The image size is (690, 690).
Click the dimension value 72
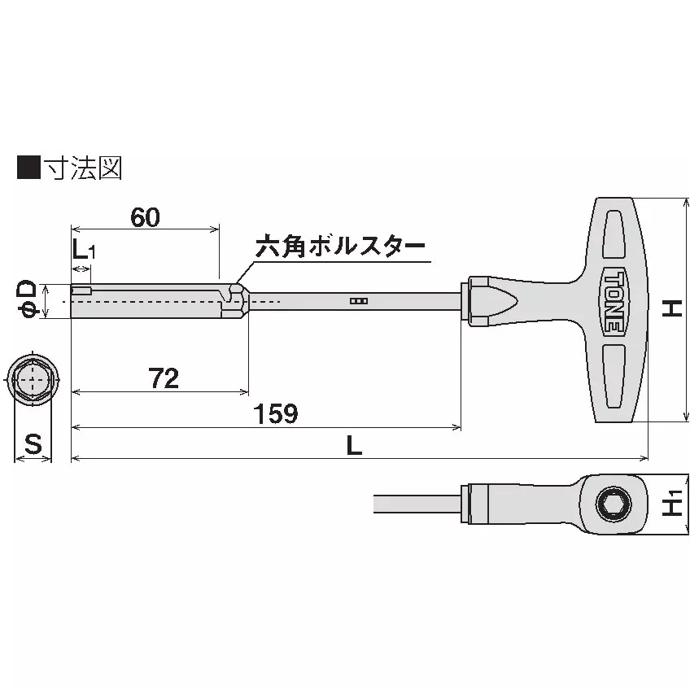click(x=164, y=378)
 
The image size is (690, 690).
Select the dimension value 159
click(x=276, y=413)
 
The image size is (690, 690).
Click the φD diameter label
click(x=26, y=299)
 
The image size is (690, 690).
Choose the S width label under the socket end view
click(x=33, y=444)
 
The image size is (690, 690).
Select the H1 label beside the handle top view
click(x=672, y=504)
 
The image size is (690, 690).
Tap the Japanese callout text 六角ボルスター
click(x=340, y=247)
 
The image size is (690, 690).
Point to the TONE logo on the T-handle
click(x=616, y=299)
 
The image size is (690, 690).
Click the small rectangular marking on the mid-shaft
click(x=358, y=301)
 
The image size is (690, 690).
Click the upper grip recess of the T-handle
click(x=615, y=236)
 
